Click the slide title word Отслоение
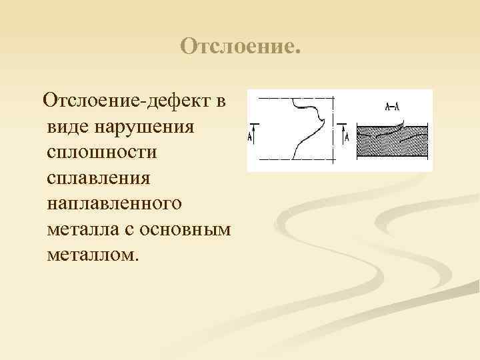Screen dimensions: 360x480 coord(241,47)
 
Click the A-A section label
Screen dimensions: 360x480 coord(392,107)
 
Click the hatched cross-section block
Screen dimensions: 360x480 coord(391,142)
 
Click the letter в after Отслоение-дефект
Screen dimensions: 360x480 coord(221,102)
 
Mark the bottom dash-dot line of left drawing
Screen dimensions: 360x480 coord(293,160)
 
